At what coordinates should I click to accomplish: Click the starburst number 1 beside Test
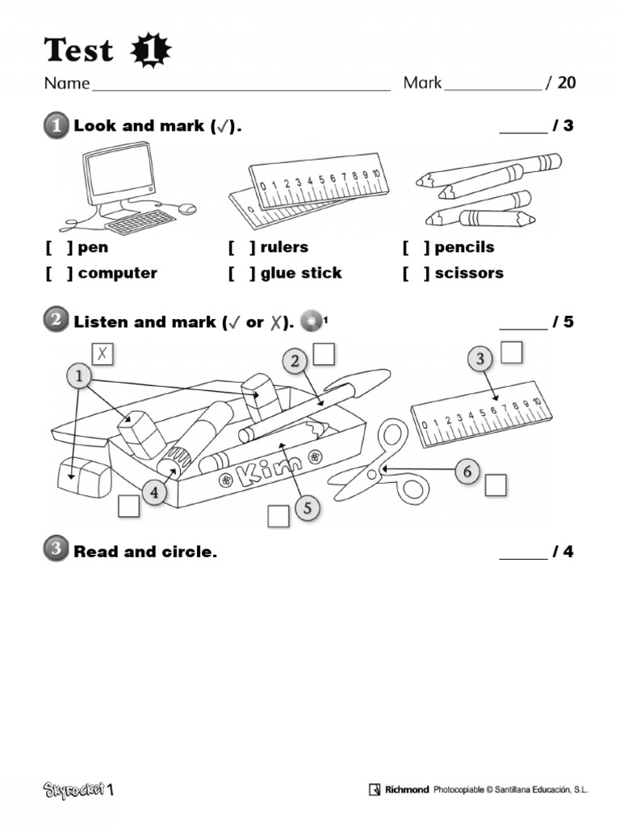[150, 52]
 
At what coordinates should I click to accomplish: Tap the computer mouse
[186, 208]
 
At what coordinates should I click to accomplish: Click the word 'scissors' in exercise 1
[468, 273]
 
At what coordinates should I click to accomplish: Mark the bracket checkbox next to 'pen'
[59, 247]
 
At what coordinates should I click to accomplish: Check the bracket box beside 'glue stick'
[241, 273]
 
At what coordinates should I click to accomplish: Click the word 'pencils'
[464, 247]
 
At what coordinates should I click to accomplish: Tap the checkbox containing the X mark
[103, 353]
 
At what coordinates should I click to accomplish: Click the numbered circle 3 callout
[480, 359]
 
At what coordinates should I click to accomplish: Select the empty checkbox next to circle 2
[324, 354]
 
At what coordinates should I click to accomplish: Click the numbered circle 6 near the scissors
[467, 471]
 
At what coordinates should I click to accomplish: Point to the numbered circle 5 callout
[306, 507]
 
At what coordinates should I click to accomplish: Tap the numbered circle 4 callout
[155, 491]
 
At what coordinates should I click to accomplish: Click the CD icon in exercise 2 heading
[311, 321]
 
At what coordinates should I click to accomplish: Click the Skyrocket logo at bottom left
[78, 789]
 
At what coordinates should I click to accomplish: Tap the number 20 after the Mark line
[566, 82]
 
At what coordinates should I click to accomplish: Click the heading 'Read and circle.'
[145, 552]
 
